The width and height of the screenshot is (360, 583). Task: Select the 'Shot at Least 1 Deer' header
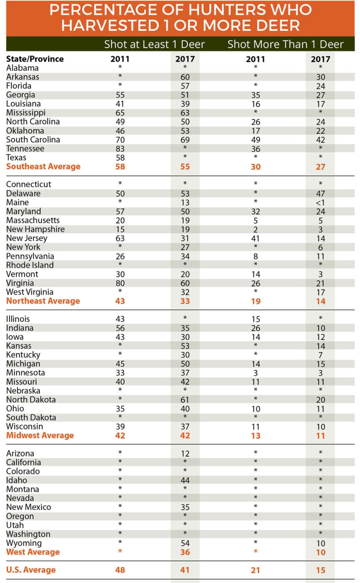pyautogui.click(x=154, y=45)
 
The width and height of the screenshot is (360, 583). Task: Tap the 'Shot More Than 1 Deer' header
pyautogui.click(x=285, y=45)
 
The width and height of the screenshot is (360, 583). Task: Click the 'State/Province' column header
pyautogui.click(x=35, y=59)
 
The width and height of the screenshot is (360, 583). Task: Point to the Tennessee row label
pyautogui.click(x=25, y=149)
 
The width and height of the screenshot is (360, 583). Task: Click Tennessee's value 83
pyautogui.click(x=120, y=149)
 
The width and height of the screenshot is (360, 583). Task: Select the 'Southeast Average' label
pyautogui.click(x=43, y=167)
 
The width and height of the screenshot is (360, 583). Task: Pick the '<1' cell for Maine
pyautogui.click(x=321, y=203)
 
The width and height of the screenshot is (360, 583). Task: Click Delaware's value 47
pyautogui.click(x=321, y=194)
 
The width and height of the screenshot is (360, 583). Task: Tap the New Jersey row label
pyautogui.click(x=27, y=238)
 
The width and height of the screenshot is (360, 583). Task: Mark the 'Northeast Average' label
pyautogui.click(x=43, y=301)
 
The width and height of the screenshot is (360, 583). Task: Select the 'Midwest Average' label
pyautogui.click(x=40, y=436)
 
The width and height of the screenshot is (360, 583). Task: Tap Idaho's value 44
pyautogui.click(x=185, y=481)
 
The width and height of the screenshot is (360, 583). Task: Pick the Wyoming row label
pyautogui.click(x=24, y=543)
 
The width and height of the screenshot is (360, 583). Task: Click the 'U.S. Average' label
pyautogui.click(x=31, y=570)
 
